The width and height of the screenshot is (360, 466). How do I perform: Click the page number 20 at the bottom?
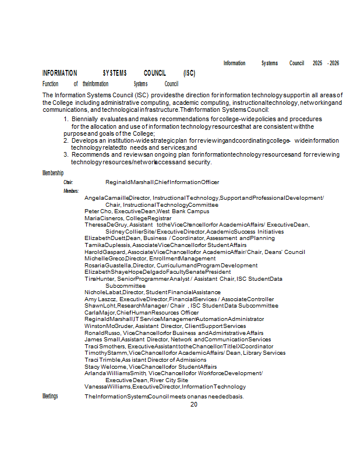coord(194,404)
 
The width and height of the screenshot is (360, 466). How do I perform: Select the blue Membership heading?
coord(53,173)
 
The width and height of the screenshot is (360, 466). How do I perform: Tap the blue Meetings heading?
coord(50,396)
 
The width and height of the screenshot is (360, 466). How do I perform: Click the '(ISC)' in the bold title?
coord(189,73)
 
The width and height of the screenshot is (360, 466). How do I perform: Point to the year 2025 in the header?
coord(317,63)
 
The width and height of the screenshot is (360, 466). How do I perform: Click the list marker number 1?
coord(66,119)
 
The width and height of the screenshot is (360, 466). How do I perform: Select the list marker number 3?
coord(66,154)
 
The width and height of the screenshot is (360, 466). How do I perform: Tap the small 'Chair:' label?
coord(68,182)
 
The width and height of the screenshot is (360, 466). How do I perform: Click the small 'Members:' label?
coord(71,191)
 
